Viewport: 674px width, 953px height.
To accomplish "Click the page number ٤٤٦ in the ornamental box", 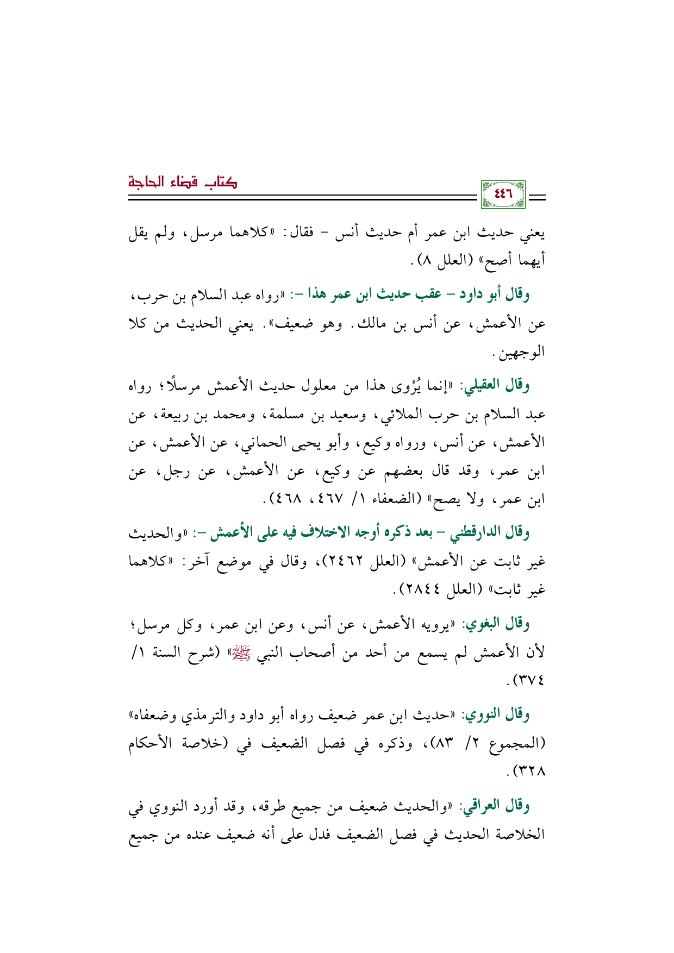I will click(x=503, y=194).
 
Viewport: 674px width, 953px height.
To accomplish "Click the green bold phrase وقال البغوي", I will click(x=497, y=624).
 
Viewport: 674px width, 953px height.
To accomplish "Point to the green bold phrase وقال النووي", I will click(x=497, y=715).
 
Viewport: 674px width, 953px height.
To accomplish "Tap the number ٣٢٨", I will click(x=531, y=771).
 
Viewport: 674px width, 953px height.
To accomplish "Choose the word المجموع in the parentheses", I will click(x=514, y=744).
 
